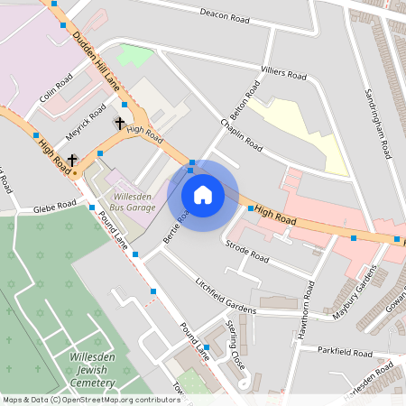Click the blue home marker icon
(x=203, y=195)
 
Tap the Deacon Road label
(x=225, y=15)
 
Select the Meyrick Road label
(x=86, y=122)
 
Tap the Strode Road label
(x=247, y=250)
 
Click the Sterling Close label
(x=235, y=338)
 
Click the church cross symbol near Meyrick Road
(x=118, y=122)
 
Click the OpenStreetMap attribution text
(x=90, y=400)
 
